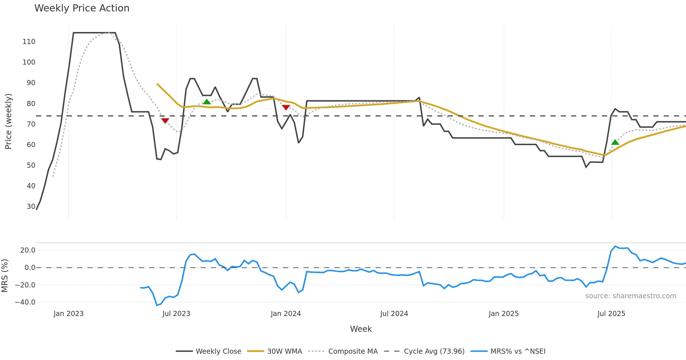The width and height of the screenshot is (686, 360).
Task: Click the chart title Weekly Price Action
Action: (82, 8)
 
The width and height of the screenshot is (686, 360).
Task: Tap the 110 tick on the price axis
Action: (29, 42)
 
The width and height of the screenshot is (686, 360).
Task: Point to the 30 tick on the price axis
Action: (31, 207)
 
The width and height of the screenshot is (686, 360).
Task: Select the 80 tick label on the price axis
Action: (31, 104)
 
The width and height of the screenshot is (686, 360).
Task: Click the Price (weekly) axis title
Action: (8, 121)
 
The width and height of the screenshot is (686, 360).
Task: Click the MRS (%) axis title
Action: (5, 276)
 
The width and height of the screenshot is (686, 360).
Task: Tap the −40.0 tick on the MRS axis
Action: (25, 302)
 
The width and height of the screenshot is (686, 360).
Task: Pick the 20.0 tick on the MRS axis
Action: (28, 250)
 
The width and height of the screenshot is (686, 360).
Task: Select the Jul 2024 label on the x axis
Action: (394, 314)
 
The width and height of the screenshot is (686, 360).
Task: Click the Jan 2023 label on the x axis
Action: (69, 314)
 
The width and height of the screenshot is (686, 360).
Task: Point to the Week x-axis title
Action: (361, 329)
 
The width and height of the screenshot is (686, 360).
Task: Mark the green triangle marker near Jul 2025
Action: (615, 142)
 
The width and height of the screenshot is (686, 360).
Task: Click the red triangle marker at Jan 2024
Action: (286, 107)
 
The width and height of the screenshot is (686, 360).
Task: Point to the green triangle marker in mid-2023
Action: (207, 102)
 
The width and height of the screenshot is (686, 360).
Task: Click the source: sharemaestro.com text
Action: (631, 296)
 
